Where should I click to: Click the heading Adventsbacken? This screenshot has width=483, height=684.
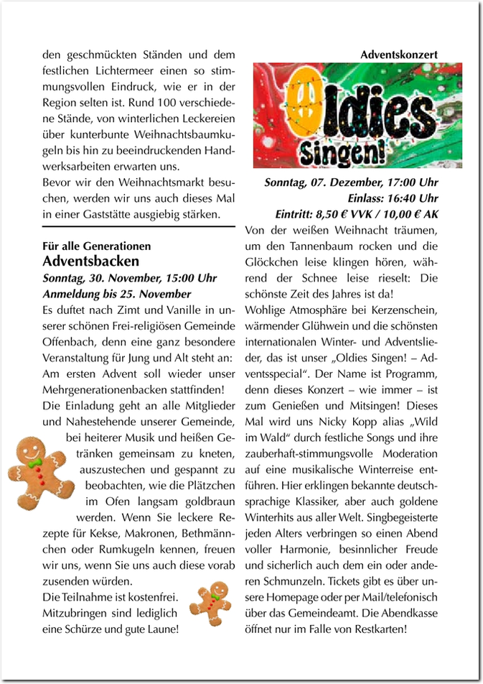click(91, 260)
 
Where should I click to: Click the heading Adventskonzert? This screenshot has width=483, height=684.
click(399, 54)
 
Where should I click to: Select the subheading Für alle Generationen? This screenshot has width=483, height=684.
click(97, 246)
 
